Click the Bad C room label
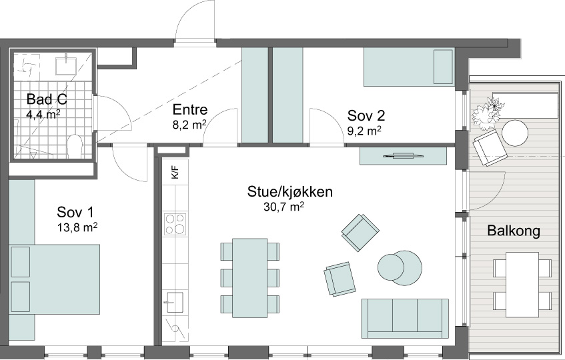point(47,99)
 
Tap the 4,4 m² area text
point(43,114)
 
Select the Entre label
point(190,109)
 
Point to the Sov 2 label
point(366,116)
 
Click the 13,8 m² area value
point(77,227)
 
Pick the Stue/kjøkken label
point(290,192)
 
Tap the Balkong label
point(514,231)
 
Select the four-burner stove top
point(175,223)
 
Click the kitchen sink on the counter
point(175,302)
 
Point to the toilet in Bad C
point(75,146)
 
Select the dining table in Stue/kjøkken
point(249,278)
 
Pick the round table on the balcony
point(515,133)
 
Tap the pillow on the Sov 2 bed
point(443,67)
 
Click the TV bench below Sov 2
point(404,156)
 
